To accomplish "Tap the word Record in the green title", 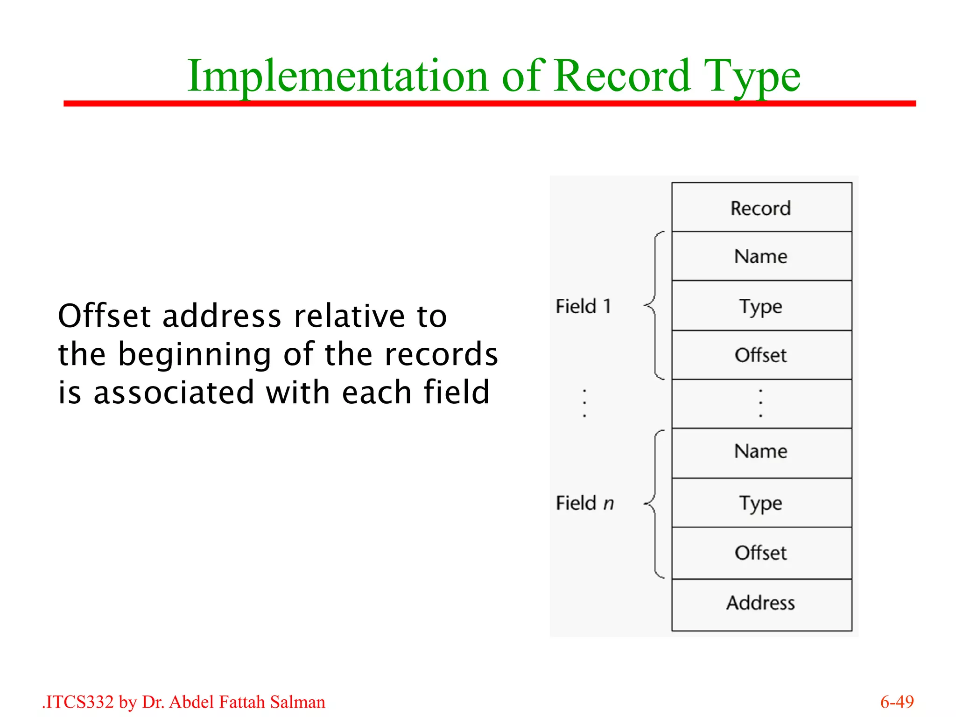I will [x=622, y=76].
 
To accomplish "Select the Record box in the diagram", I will [x=761, y=208].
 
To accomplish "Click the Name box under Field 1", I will [x=761, y=256].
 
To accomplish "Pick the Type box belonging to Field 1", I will [x=761, y=306].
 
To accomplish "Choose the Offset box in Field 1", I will [x=761, y=355].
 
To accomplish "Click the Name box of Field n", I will [x=761, y=451].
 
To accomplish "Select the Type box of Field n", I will [x=761, y=503].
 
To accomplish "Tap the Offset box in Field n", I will [x=761, y=553].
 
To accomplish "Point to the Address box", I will [x=761, y=603].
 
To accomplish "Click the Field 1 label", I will [x=583, y=307].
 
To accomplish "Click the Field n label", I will [x=585, y=503].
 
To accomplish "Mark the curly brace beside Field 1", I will [x=654, y=306].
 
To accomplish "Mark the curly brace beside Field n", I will [x=654, y=504].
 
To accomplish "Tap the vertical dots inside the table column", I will [x=761, y=403].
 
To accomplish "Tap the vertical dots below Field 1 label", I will [x=584, y=403].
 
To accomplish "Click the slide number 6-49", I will [x=897, y=702].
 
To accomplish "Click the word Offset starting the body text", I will [x=105, y=316].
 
